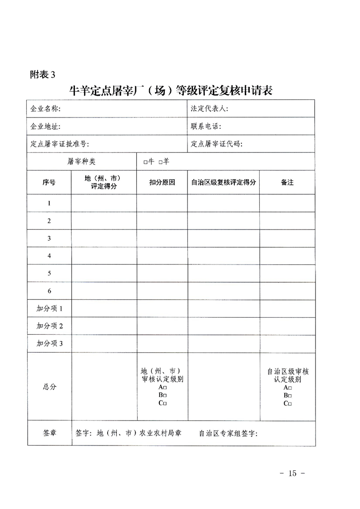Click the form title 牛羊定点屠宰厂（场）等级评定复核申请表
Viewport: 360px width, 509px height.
(170, 90)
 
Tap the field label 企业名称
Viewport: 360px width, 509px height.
(45, 109)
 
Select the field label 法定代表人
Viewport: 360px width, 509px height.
(210, 109)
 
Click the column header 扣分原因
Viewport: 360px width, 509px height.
(162, 182)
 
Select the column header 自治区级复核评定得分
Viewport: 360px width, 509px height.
(223, 182)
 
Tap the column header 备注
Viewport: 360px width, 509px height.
(287, 182)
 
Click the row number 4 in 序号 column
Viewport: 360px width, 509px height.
(49, 256)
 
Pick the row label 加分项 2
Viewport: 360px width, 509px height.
(49, 326)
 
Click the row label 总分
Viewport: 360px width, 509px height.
(49, 387)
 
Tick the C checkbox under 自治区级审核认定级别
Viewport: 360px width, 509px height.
(290, 404)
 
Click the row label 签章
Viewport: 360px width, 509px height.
(49, 433)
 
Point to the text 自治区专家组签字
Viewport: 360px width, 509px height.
(228, 434)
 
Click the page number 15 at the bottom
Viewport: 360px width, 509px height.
(291, 473)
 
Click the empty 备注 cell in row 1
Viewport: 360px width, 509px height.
(287, 203)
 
